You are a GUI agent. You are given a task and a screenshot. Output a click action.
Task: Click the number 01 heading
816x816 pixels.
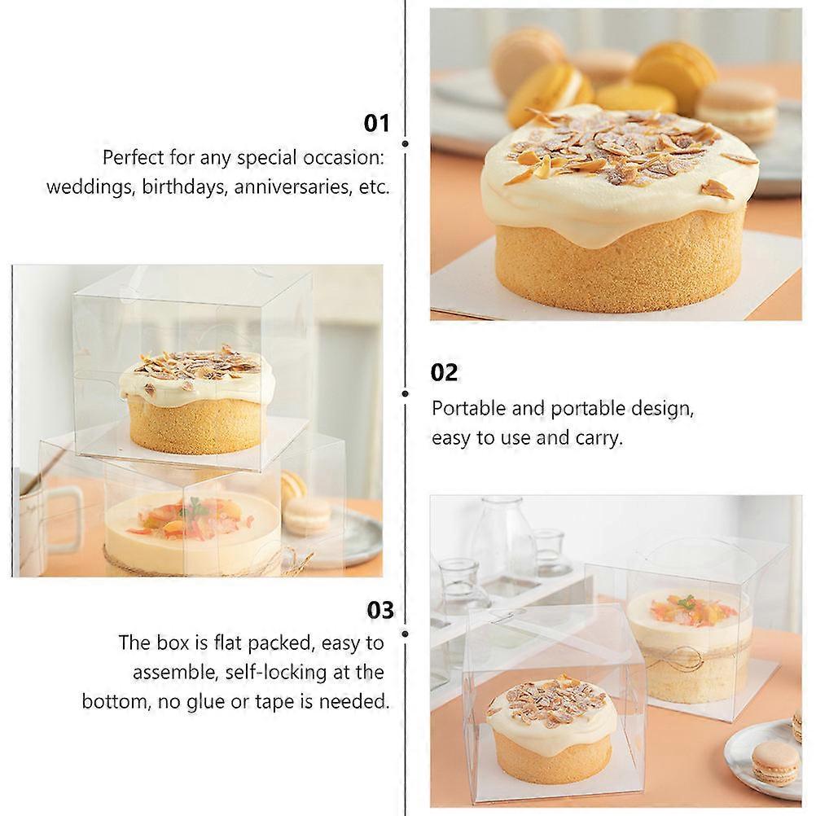(x=376, y=123)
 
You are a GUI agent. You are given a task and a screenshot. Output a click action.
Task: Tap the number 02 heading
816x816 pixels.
(x=445, y=372)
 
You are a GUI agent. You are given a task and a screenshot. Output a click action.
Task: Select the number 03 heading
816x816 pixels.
(x=379, y=610)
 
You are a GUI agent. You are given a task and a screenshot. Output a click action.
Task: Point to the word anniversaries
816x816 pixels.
(x=294, y=187)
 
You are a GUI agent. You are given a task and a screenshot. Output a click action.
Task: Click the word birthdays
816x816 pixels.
(x=185, y=187)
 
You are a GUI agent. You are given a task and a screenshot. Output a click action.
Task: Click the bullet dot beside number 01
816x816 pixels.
(x=406, y=143)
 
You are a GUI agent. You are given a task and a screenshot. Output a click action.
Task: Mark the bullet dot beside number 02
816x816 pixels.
(x=406, y=393)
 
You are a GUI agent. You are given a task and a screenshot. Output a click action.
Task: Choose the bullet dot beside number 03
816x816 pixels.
(x=406, y=630)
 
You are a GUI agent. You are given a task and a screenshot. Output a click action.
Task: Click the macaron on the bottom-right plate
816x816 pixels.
(x=774, y=761)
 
